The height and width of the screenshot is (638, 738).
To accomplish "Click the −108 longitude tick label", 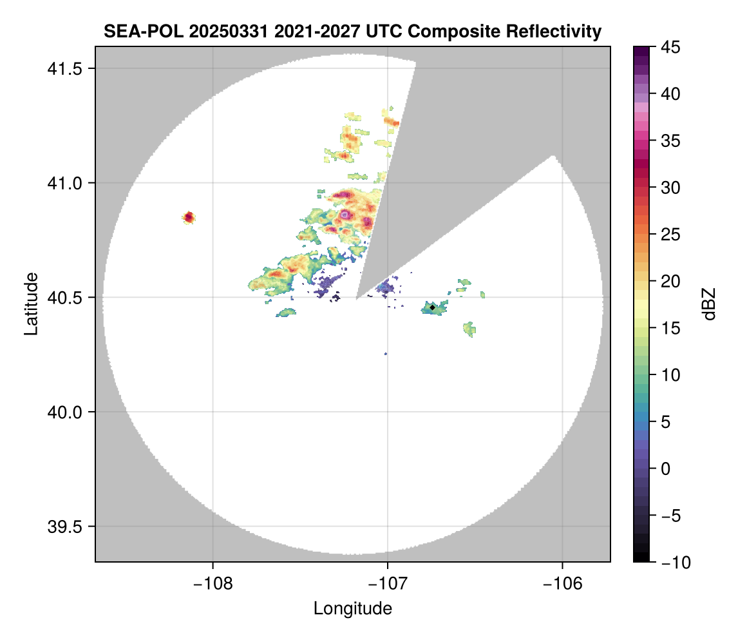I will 212,583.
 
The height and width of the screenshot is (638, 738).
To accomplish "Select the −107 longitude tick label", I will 388,583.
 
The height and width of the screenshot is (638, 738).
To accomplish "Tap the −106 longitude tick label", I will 563,583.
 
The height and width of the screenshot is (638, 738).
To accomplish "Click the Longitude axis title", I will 352,608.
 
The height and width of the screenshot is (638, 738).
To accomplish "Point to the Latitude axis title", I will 31,304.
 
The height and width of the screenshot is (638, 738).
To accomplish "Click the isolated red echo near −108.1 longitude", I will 189,217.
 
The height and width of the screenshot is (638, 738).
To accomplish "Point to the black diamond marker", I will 432,307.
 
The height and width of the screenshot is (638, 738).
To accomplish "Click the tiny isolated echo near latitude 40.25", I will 386,354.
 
